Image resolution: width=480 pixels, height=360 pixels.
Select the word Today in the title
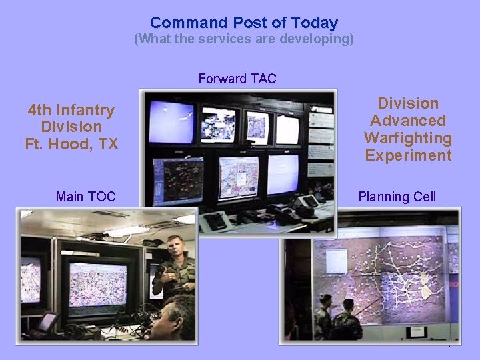pyautogui.click(x=313, y=23)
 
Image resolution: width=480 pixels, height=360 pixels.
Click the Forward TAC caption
pyautogui.click(x=237, y=79)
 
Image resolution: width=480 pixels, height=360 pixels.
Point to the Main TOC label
pyautogui.click(x=85, y=197)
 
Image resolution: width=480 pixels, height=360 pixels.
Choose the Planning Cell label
pyautogui.click(x=397, y=197)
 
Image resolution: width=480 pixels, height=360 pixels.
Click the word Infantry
pyautogui.click(x=85, y=110)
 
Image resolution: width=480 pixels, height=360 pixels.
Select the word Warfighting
pyautogui.click(x=407, y=138)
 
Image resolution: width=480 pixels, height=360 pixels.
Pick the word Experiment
pyautogui.click(x=407, y=155)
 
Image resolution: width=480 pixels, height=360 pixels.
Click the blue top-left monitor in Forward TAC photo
pyautogui.click(x=171, y=122)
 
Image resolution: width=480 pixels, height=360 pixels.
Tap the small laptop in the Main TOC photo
pyautogui.click(x=47, y=323)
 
